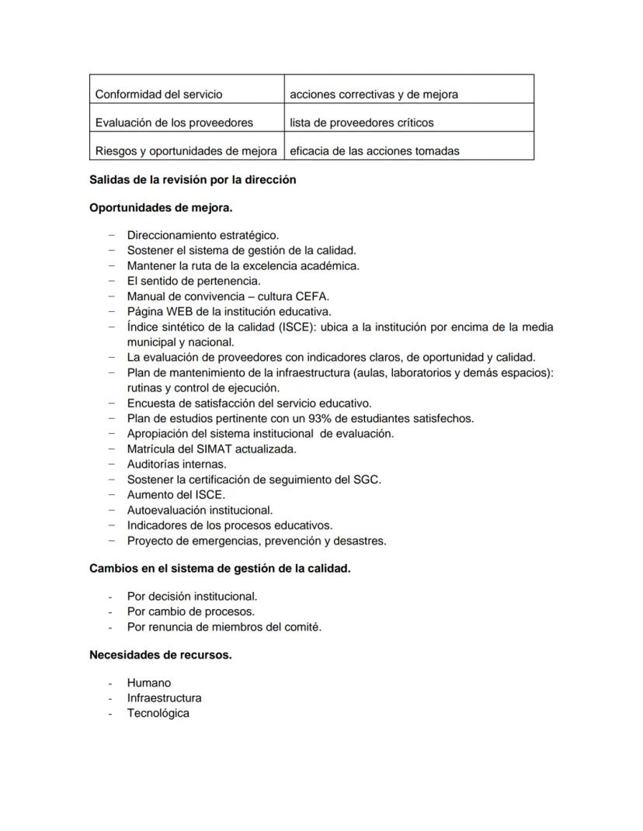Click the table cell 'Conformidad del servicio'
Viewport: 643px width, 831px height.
tap(158, 94)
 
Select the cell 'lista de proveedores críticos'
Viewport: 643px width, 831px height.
tap(362, 123)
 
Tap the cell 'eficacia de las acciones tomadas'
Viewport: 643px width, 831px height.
tap(374, 151)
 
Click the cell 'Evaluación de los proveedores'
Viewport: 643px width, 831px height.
tap(174, 123)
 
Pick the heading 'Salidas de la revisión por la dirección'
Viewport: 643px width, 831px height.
tap(193, 179)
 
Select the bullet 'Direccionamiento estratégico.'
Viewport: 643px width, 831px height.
tap(203, 235)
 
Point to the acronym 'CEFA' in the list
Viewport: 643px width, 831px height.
tap(314, 296)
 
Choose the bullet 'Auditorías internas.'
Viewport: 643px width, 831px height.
tap(177, 464)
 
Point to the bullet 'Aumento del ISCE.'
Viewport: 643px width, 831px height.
tap(176, 494)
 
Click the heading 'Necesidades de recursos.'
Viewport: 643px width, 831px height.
tap(161, 655)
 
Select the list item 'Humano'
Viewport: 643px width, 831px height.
tap(149, 683)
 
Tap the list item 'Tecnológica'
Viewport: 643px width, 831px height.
tap(158, 713)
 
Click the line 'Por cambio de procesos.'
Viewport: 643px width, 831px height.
tap(191, 611)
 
